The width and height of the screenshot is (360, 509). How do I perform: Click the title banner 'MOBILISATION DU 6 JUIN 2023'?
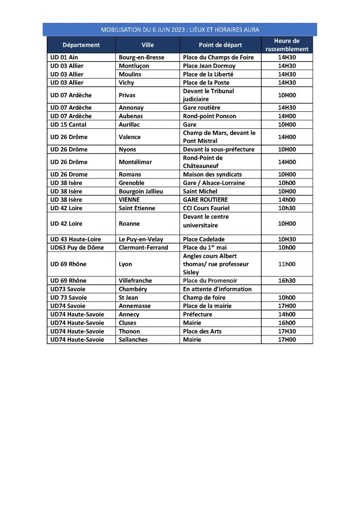pyautogui.click(x=180, y=30)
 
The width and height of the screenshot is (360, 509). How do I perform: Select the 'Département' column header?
pyautogui.click(x=81, y=45)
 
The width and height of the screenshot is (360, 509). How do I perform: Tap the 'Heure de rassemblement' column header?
pyautogui.click(x=287, y=45)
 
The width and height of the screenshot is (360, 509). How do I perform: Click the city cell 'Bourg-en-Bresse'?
pyautogui.click(x=141, y=57)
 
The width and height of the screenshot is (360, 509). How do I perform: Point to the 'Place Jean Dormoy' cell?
pyautogui.click(x=209, y=66)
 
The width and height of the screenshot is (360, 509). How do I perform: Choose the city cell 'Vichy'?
pyautogui.click(x=127, y=83)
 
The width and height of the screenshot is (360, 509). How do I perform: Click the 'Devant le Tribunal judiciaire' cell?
pyautogui.click(x=208, y=95)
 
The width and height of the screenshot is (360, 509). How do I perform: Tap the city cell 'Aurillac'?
pyautogui.click(x=130, y=124)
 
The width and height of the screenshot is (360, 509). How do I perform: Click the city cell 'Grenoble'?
pyautogui.click(x=131, y=183)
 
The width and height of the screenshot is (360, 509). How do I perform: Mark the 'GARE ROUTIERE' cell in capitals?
pyautogui.click(x=205, y=199)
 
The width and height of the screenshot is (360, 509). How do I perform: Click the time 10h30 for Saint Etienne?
pyautogui.click(x=287, y=208)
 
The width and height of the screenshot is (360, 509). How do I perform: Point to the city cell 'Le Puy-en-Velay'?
pyautogui.click(x=141, y=239)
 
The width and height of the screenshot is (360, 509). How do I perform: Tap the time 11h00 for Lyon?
pyautogui.click(x=287, y=264)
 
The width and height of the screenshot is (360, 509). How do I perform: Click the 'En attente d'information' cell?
pyautogui.click(x=217, y=289)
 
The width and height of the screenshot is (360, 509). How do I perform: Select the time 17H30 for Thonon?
pyautogui.click(x=287, y=331)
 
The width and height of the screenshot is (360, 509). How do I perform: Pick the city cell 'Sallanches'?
pyautogui.click(x=133, y=339)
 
